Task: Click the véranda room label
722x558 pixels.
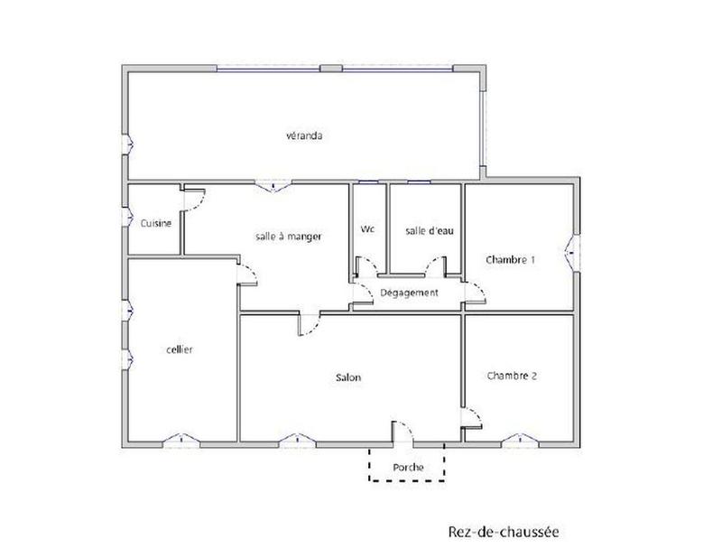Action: (304, 136)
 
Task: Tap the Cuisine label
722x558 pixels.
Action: (156, 223)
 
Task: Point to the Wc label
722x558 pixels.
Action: (367, 229)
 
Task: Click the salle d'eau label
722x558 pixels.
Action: (429, 230)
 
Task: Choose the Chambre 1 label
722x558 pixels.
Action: (511, 259)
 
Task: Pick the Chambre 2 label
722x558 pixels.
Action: (512, 375)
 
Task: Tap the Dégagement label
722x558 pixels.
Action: (409, 293)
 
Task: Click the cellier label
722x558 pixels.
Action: (180, 349)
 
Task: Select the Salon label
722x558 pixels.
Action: (348, 378)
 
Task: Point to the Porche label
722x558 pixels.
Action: (408, 467)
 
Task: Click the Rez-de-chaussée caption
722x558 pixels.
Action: (503, 532)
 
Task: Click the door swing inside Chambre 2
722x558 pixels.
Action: (471, 417)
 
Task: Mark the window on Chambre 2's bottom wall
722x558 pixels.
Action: (520, 441)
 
